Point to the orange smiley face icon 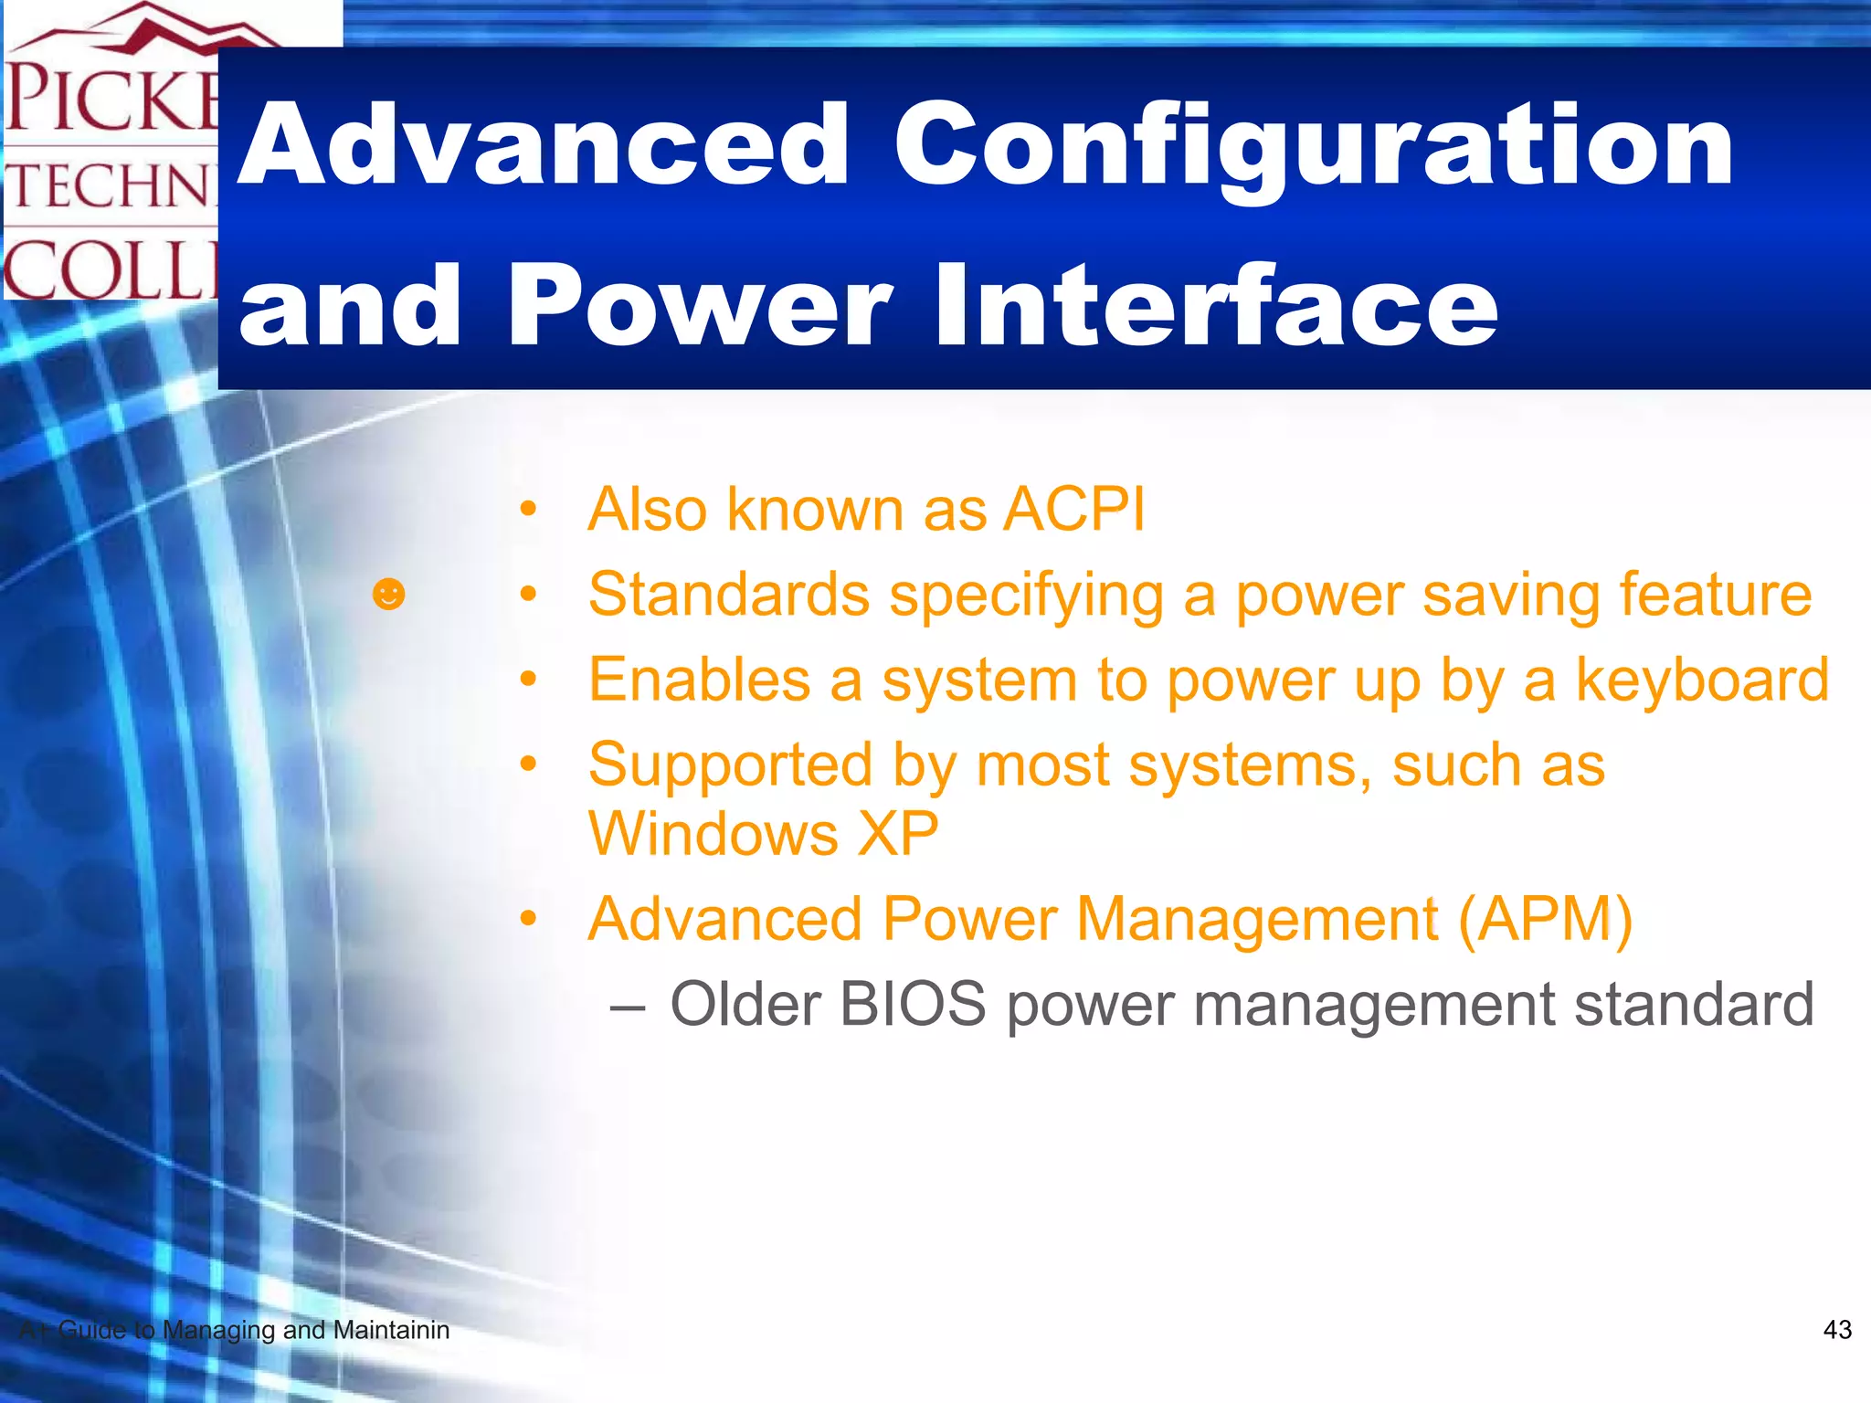(x=388, y=595)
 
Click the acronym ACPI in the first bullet (x=1073, y=509)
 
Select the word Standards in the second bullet (x=728, y=595)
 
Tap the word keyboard (x=1702, y=680)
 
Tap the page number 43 (x=1836, y=1330)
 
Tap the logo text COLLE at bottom (x=110, y=270)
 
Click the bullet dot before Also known (x=527, y=509)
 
